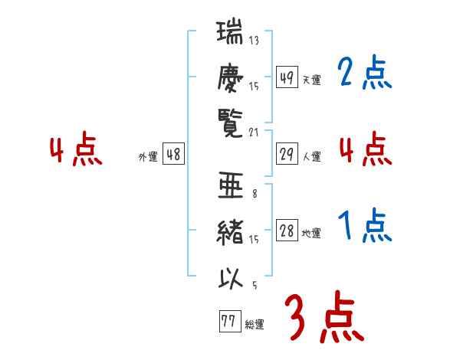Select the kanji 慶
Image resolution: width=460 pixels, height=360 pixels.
pyautogui.click(x=231, y=77)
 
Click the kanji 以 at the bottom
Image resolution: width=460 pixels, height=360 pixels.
pyautogui.click(x=231, y=279)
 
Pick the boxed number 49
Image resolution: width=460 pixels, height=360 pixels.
pyautogui.click(x=287, y=77)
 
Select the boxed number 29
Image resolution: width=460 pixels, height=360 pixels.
pyautogui.click(x=287, y=154)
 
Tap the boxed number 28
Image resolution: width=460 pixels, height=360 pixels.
pyautogui.click(x=287, y=231)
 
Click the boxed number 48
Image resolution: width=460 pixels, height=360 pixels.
pyautogui.click(x=173, y=154)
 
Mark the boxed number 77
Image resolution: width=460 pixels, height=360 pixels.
pyautogui.click(x=228, y=322)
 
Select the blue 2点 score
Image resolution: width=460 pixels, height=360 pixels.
pyautogui.click(x=364, y=74)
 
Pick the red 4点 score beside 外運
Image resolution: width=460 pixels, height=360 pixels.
pyautogui.click(x=75, y=151)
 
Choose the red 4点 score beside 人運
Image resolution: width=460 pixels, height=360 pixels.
pyautogui.click(x=364, y=149)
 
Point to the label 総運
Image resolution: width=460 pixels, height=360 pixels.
pyautogui.click(x=255, y=325)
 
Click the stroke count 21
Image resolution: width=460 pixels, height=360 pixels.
pyautogui.click(x=254, y=133)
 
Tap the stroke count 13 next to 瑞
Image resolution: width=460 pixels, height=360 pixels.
pyautogui.click(x=254, y=41)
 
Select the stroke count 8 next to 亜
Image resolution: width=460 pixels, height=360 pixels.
pyautogui.click(x=254, y=194)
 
